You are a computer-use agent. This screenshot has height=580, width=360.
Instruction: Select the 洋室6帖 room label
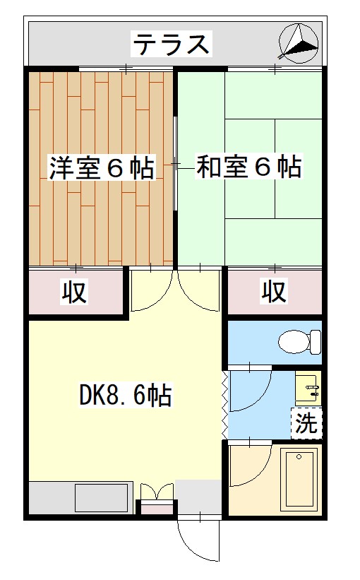[102, 169]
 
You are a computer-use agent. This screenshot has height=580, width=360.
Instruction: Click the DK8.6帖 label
[126, 396]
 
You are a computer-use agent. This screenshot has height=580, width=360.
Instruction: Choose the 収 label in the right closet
[275, 291]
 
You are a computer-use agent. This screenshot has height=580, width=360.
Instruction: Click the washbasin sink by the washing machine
[308, 388]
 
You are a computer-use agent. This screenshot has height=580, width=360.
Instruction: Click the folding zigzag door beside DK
[225, 402]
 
